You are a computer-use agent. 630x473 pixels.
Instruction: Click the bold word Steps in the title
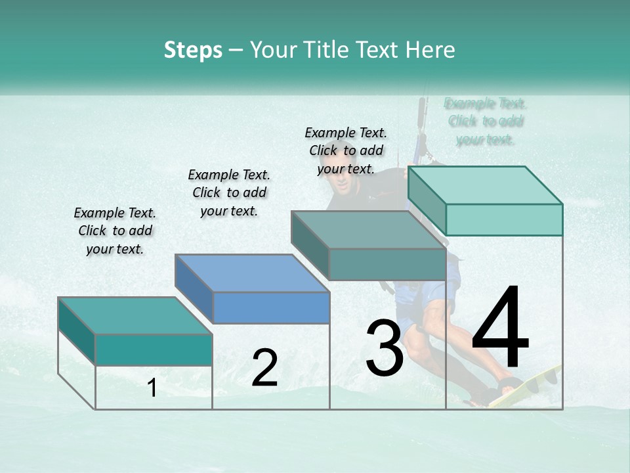(193, 50)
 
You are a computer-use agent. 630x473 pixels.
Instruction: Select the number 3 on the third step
(384, 348)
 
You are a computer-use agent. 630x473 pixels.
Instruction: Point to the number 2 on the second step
(264, 368)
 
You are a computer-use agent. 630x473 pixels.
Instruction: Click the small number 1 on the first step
(152, 388)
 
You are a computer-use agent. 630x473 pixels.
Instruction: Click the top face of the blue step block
(252, 273)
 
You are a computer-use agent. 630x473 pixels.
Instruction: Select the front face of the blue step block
(271, 307)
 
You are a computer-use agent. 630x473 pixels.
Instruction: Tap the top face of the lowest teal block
(135, 315)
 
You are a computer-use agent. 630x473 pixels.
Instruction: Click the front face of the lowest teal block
(154, 349)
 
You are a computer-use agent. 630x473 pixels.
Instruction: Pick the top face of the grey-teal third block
(368, 229)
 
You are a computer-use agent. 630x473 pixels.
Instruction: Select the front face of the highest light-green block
(504, 219)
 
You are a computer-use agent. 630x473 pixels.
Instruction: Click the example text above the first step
(115, 231)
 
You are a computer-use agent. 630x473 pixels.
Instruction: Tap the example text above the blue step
(229, 192)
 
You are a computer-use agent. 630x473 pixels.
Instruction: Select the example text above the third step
(346, 150)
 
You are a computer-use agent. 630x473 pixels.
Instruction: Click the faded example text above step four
(485, 121)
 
